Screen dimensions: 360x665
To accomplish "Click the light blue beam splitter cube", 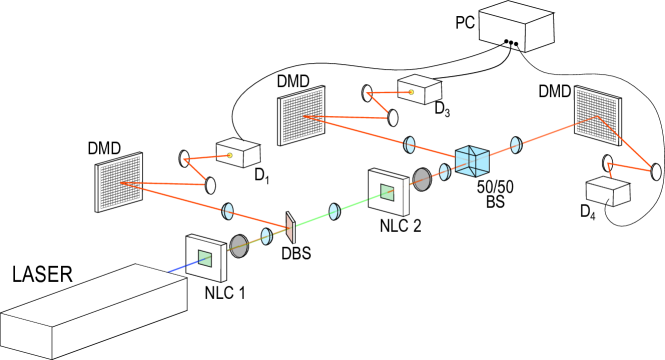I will (x=472, y=161).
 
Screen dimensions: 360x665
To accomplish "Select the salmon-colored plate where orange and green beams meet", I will (x=290, y=229).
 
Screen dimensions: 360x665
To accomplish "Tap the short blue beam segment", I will (x=182, y=266).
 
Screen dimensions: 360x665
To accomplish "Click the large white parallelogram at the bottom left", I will (x=95, y=295).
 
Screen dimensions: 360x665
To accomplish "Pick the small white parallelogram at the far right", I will (x=607, y=183).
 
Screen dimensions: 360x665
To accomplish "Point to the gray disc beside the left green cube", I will (x=239, y=246).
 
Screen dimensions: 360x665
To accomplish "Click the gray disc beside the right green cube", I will (x=422, y=180).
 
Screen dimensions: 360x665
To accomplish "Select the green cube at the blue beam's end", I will (x=205, y=258).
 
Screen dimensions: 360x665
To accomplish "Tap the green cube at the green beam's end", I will (x=388, y=192).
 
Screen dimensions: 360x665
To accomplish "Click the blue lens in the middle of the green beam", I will (x=334, y=212).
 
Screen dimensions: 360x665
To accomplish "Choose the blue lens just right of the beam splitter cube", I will (x=515, y=145).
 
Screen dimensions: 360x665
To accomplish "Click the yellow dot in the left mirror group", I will (x=230, y=155).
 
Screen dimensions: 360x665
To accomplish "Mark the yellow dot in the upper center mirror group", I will (x=411, y=92).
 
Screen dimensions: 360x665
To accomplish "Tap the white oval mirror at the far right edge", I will (x=656, y=172).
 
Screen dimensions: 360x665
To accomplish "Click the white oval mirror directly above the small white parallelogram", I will (x=608, y=163).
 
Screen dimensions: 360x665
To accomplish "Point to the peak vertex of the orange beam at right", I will (x=598, y=117).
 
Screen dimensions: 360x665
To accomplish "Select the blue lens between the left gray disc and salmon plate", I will (x=266, y=237).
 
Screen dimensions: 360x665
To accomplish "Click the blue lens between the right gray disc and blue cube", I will (x=444, y=172).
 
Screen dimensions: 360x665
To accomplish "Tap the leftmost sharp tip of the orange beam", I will (x=121, y=183).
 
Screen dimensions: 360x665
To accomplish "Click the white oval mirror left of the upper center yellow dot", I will (x=367, y=93).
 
